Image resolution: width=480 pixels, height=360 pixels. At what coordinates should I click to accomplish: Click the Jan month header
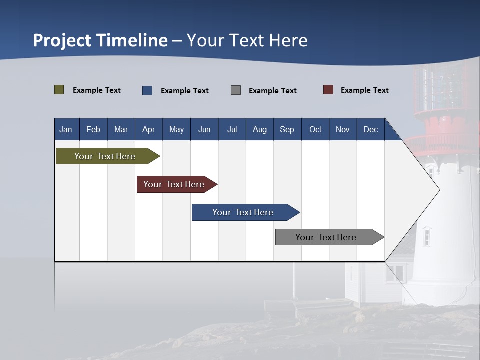[66, 129]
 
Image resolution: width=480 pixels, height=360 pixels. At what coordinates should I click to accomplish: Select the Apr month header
[149, 129]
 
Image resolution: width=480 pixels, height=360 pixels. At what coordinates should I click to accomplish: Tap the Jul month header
[232, 129]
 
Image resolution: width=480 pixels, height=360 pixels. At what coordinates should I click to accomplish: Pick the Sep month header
[287, 129]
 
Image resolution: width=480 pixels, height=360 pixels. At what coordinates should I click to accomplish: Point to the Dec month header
[371, 129]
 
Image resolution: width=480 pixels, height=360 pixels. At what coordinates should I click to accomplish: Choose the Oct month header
[315, 129]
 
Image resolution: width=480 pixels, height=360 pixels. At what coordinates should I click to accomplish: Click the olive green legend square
[59, 90]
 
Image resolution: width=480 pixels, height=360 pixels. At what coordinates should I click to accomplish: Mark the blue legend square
[147, 90]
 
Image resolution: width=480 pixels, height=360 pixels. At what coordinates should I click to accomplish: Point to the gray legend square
[236, 90]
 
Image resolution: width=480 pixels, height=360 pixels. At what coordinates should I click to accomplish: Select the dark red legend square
[328, 90]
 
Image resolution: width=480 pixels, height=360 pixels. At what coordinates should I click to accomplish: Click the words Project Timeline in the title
[100, 40]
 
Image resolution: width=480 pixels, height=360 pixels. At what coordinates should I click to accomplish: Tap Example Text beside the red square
[364, 90]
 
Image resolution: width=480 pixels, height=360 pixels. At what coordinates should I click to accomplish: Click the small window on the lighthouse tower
[426, 236]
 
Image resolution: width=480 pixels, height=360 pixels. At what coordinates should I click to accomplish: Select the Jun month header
[204, 129]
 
